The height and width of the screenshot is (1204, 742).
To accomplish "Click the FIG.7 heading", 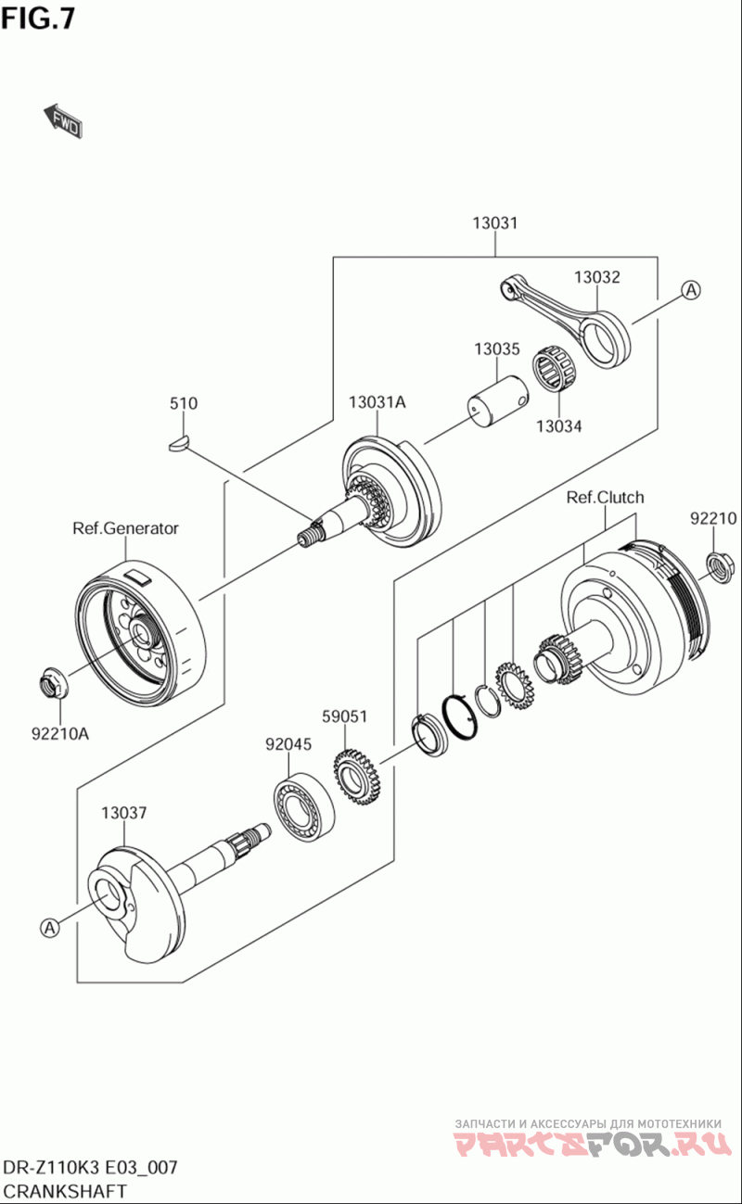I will pyautogui.click(x=38, y=18).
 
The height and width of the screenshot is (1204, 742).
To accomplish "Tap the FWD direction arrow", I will pyautogui.click(x=62, y=120).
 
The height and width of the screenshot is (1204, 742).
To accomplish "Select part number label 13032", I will pyautogui.click(x=595, y=276).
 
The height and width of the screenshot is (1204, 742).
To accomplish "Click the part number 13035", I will pyautogui.click(x=496, y=349).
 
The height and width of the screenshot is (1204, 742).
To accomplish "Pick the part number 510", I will pyautogui.click(x=183, y=403).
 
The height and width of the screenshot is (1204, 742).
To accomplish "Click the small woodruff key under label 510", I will pyautogui.click(x=183, y=442).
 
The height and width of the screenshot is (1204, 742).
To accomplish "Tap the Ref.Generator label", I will pyautogui.click(x=125, y=528).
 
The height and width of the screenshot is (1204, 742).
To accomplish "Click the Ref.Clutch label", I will pyautogui.click(x=605, y=498).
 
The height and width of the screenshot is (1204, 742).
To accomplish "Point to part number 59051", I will pyautogui.click(x=345, y=716).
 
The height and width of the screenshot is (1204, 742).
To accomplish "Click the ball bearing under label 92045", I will pyautogui.click(x=302, y=807).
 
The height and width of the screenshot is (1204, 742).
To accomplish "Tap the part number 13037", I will pyautogui.click(x=123, y=813).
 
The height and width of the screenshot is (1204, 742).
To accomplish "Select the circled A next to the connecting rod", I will pyautogui.click(x=690, y=290).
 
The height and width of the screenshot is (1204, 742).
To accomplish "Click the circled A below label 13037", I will pyautogui.click(x=50, y=926).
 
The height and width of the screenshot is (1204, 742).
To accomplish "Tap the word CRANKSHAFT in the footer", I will pyautogui.click(x=65, y=1190).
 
